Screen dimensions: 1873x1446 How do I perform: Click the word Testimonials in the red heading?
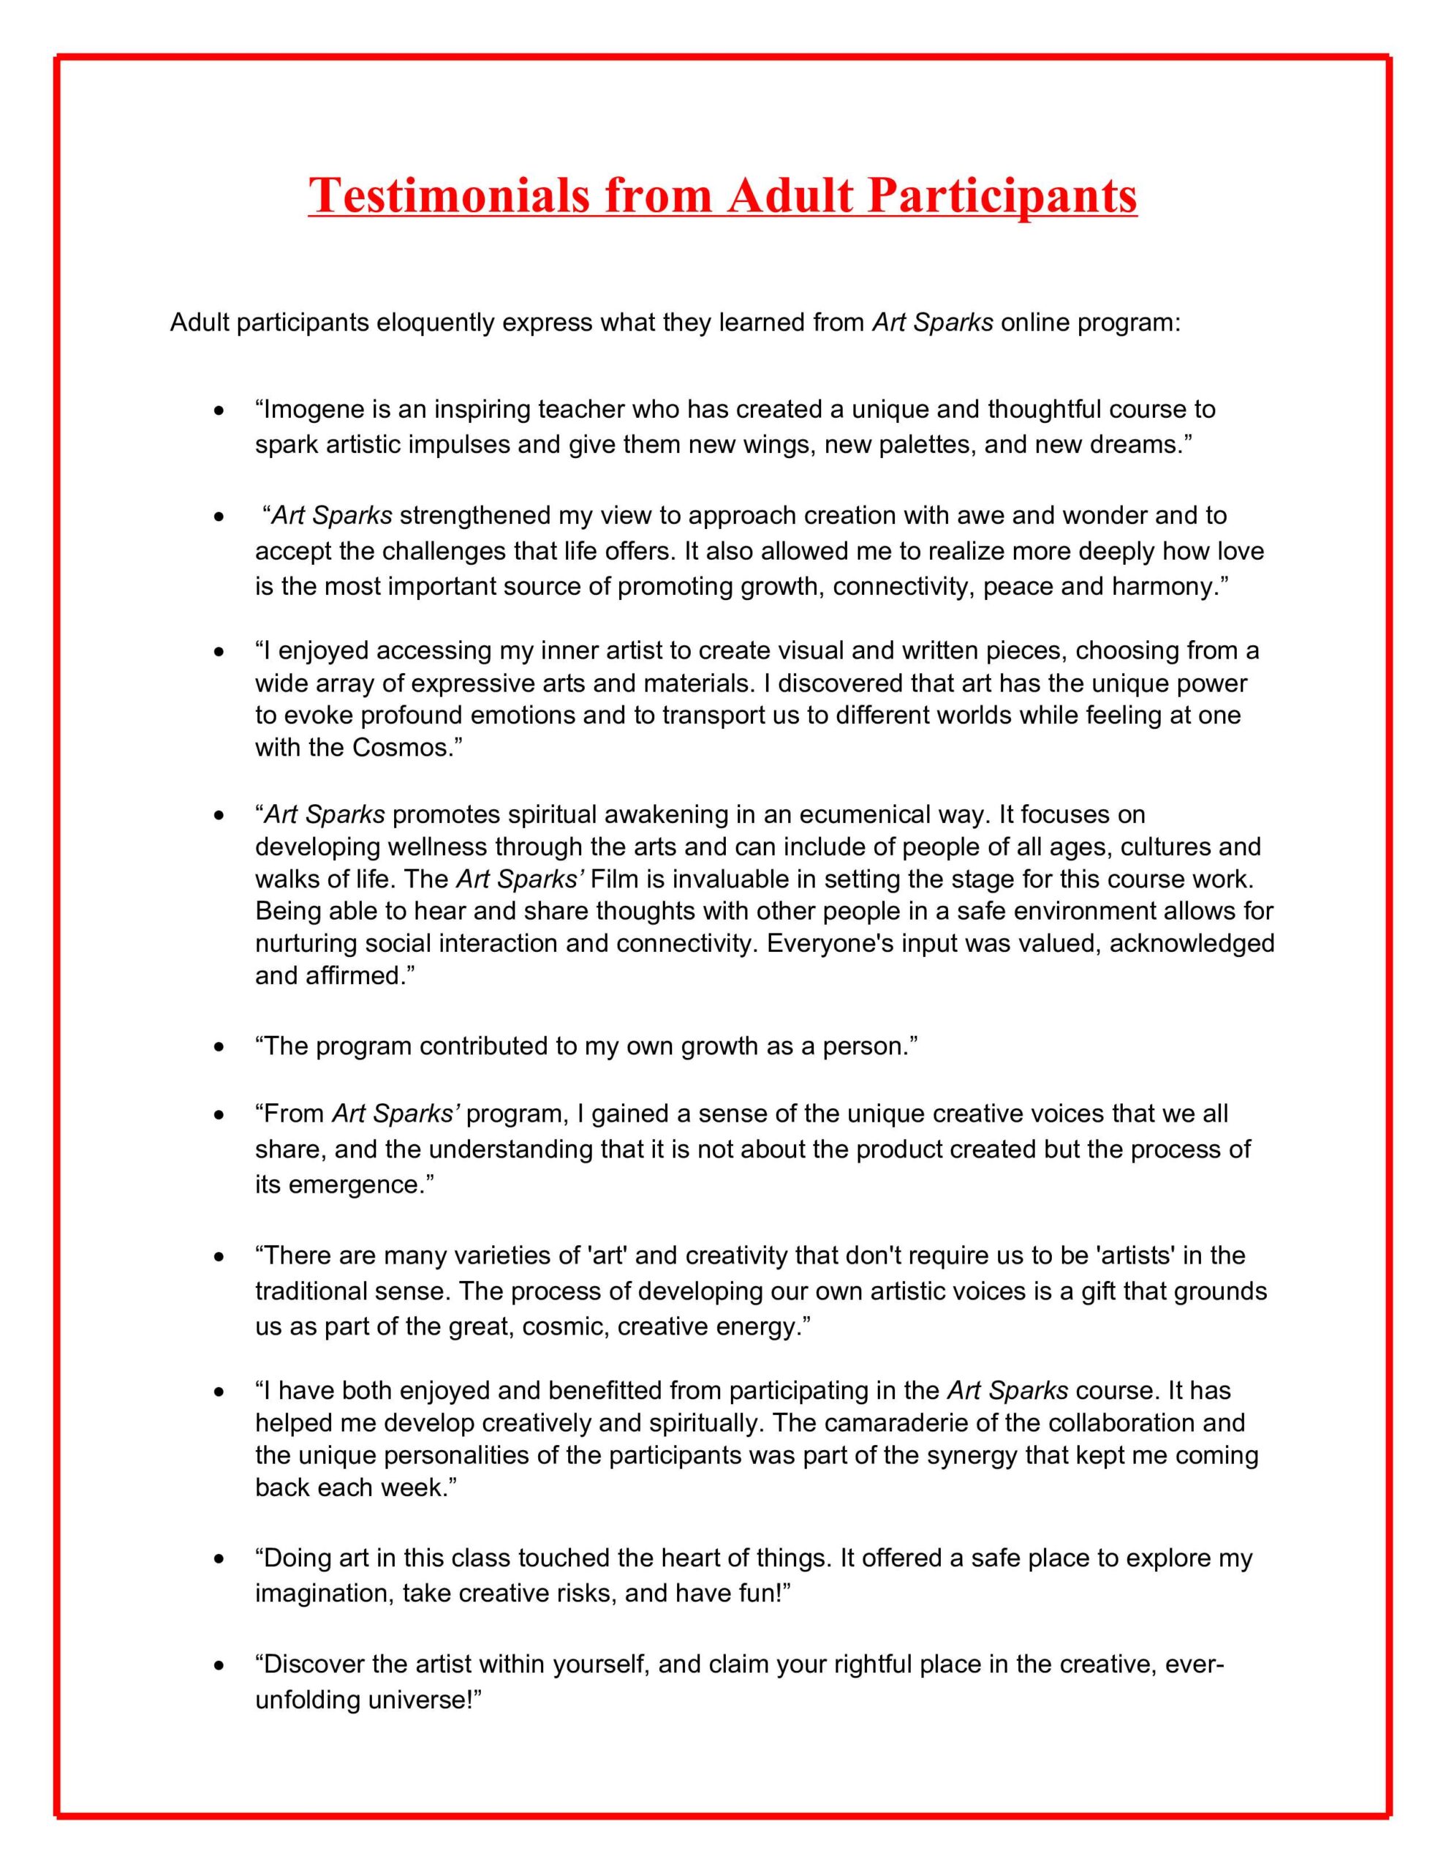click(449, 195)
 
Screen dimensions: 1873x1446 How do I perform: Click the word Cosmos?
click(402, 747)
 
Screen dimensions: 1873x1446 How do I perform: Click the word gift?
click(1098, 1291)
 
